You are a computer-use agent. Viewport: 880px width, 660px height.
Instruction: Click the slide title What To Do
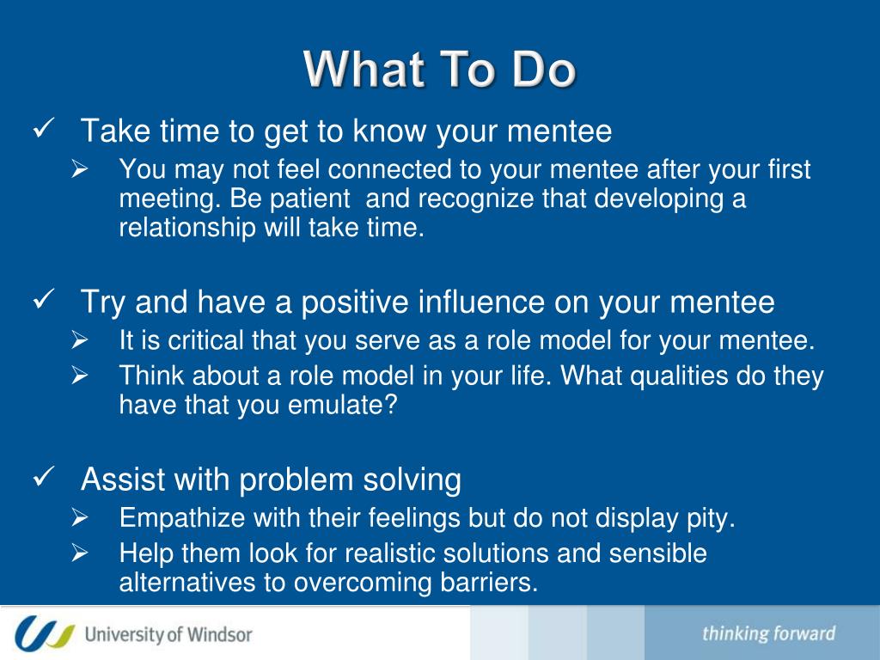click(439, 69)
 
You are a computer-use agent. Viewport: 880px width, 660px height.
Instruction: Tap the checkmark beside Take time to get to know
click(43, 129)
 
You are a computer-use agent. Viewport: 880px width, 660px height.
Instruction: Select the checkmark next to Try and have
click(43, 299)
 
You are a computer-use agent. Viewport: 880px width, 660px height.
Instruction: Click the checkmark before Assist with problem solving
click(43, 476)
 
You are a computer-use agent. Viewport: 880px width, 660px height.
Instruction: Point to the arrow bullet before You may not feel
click(80, 169)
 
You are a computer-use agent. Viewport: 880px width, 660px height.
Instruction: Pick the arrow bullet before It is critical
click(80, 340)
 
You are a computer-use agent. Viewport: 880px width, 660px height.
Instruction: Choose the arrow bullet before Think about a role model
click(80, 376)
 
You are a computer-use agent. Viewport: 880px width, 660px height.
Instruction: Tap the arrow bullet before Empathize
click(80, 517)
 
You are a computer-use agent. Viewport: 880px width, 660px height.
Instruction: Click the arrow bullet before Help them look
click(80, 553)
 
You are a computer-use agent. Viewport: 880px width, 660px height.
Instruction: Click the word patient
click(309, 199)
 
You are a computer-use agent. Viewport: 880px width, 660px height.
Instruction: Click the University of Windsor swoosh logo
click(45, 633)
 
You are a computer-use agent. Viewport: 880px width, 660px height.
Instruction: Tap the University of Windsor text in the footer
click(168, 635)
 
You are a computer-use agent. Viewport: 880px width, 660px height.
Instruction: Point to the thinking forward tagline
click(769, 633)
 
